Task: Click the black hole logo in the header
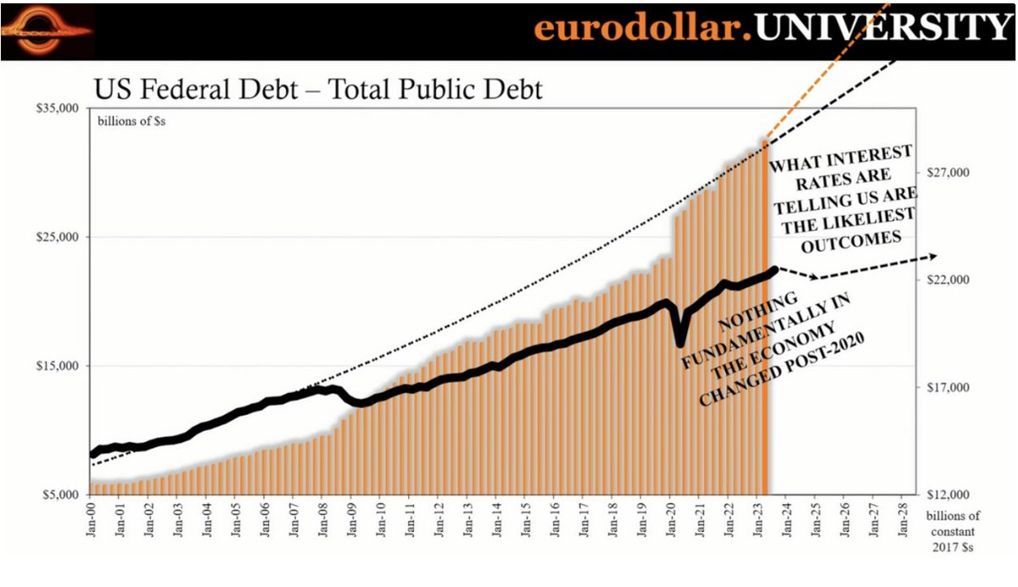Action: pyautogui.click(x=46, y=32)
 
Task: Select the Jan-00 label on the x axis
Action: pyautogui.click(x=91, y=519)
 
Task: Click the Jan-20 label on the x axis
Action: pyautogui.click(x=669, y=519)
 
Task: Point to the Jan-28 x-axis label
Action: pyautogui.click(x=901, y=519)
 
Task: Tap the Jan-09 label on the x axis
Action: pyautogui.click(x=351, y=519)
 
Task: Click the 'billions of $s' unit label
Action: pyautogui.click(x=131, y=122)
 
